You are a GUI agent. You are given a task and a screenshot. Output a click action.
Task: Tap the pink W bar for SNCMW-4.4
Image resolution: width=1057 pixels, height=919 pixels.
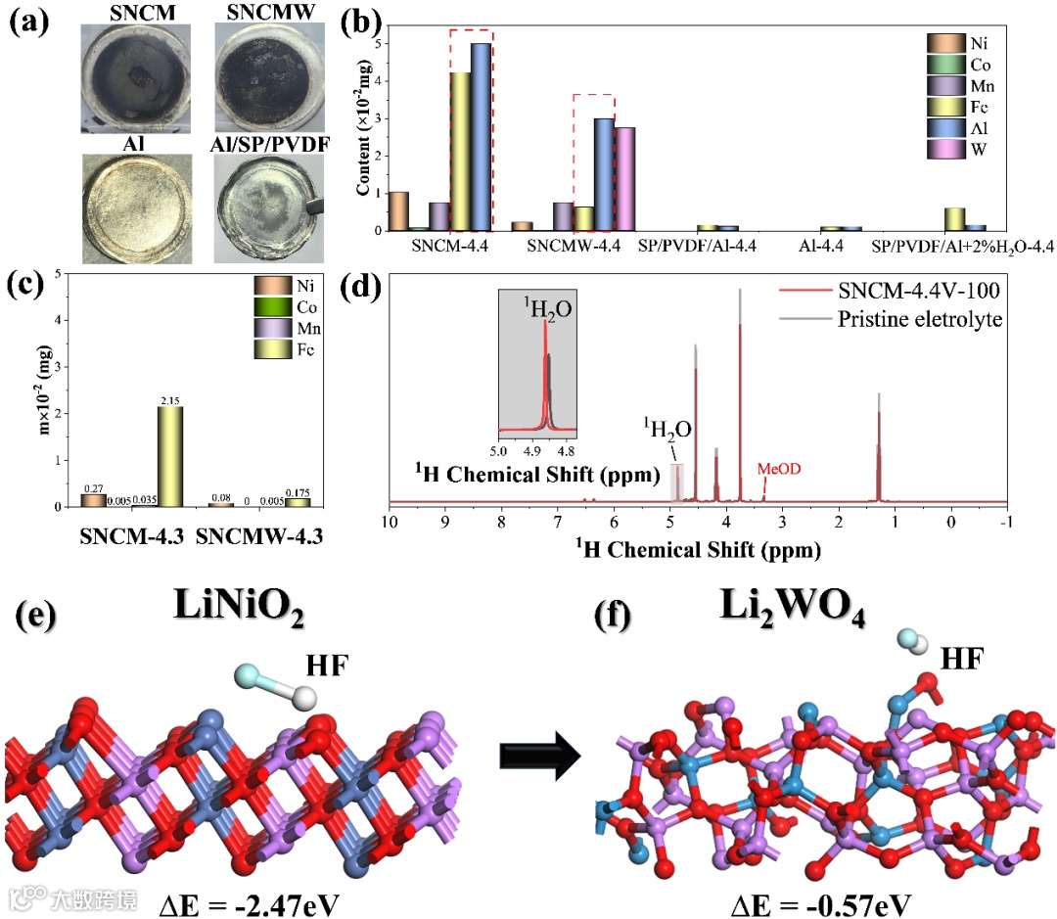[624, 179]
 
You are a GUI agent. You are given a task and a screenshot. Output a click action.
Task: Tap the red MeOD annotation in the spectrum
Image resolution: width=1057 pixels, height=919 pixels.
[781, 470]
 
